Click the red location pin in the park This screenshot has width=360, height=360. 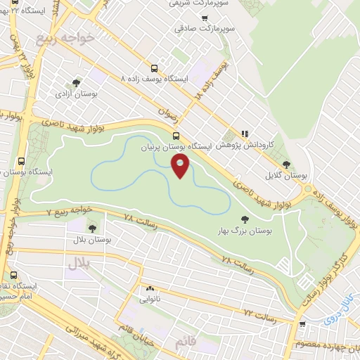coord(181,167)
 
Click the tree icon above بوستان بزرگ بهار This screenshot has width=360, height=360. coord(245,218)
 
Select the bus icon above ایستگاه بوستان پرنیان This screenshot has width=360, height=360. coord(176,136)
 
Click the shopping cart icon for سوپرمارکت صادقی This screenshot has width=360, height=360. coord(205,18)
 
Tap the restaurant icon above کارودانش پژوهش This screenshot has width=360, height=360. coord(245,132)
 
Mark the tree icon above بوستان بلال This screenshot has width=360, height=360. coord(92,228)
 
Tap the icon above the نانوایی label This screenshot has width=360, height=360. coord(150,288)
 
